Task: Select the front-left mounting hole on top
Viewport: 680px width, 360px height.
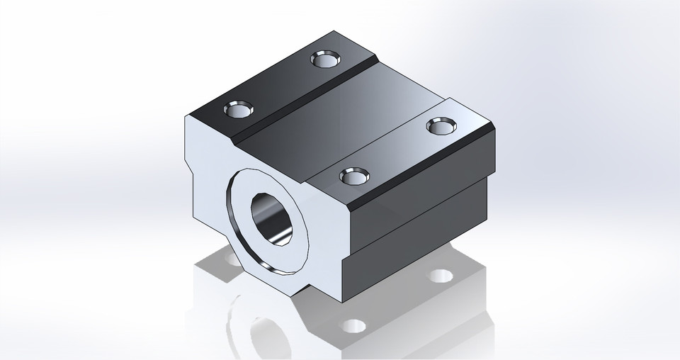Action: click(x=238, y=110)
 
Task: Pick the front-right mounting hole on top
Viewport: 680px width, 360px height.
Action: click(x=354, y=174)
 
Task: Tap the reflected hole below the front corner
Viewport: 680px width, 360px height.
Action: click(x=353, y=326)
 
